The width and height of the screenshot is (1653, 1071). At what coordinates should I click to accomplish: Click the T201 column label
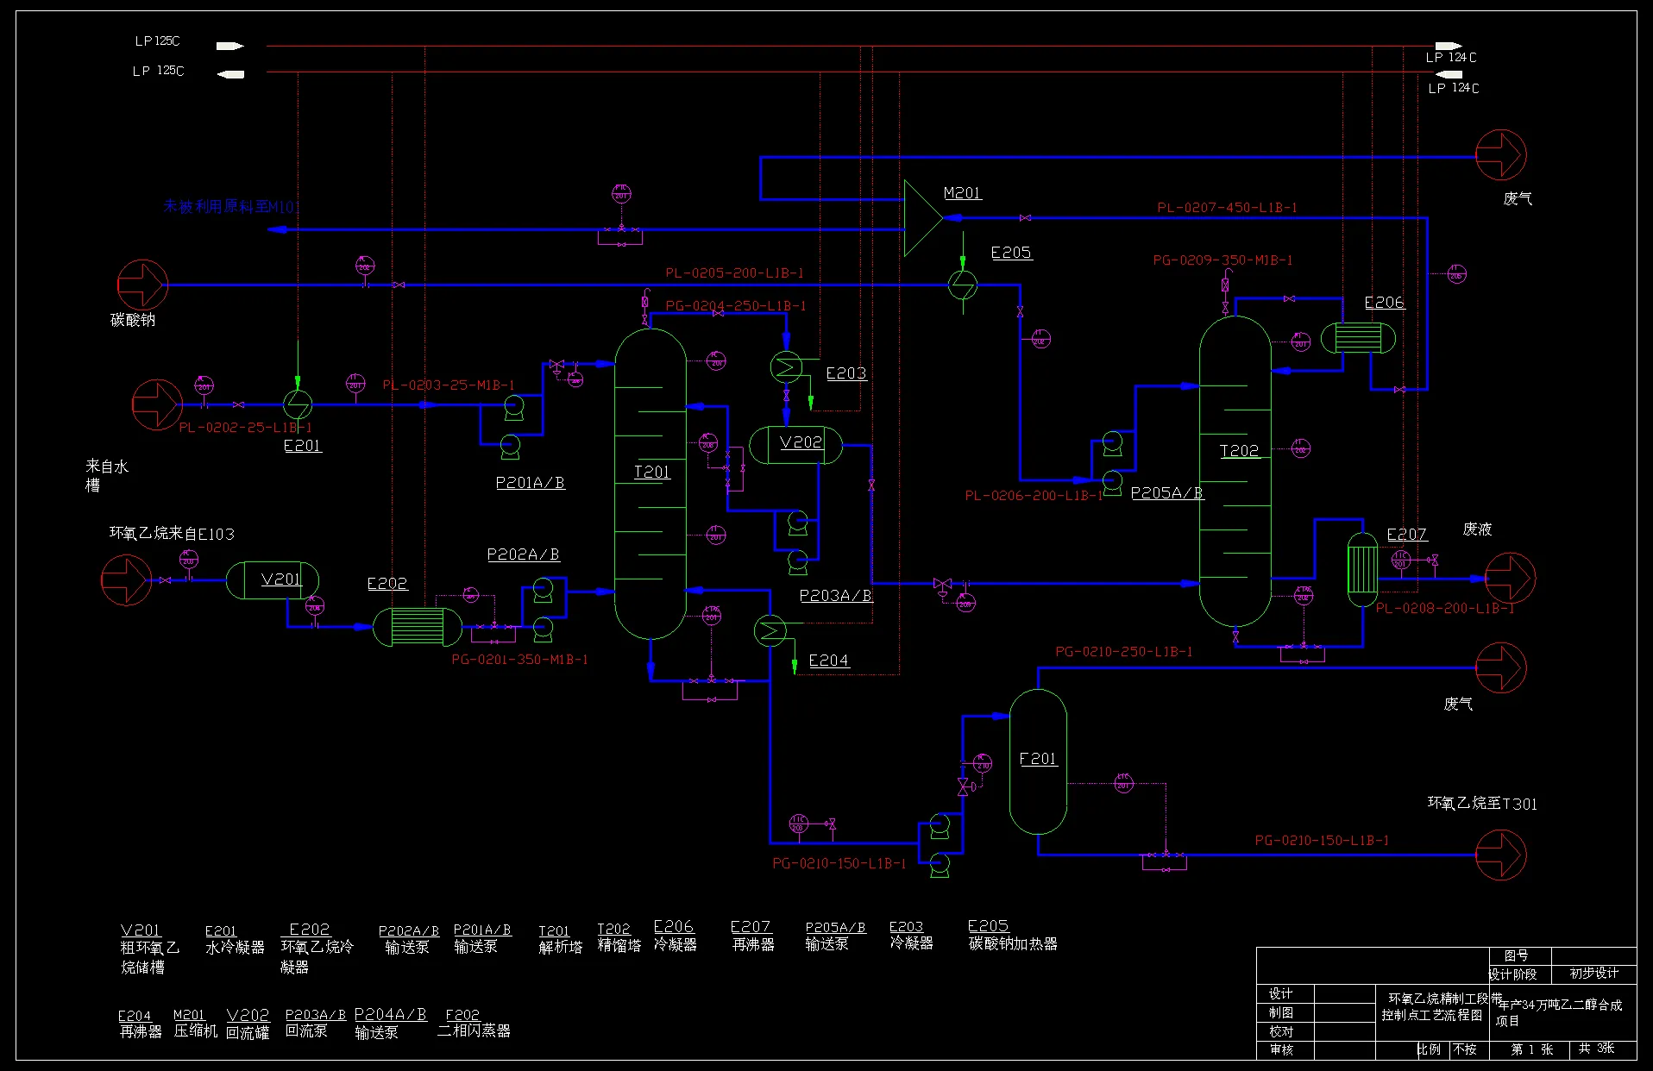651,472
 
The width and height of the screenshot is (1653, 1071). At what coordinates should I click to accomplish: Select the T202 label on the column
1239,450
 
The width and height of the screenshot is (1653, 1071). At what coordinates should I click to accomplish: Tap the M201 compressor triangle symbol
921,218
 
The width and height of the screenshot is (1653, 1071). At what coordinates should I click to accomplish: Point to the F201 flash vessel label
1038,759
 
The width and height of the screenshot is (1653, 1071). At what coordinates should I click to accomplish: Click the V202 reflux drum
795,445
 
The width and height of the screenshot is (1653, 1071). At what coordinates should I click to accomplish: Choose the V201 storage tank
273,580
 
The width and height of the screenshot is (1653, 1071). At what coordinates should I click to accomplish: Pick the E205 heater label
1011,253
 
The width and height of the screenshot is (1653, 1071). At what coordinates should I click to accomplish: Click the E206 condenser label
1384,303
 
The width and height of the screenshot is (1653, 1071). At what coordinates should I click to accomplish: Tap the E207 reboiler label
1406,535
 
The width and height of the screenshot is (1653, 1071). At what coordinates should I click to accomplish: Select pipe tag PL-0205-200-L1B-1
734,272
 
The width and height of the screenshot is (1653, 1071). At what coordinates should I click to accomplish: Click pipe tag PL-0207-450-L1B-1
1227,208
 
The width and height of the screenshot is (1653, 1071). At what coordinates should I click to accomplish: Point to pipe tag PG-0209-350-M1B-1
1222,260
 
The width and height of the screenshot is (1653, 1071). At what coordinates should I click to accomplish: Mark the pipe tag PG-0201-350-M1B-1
519,660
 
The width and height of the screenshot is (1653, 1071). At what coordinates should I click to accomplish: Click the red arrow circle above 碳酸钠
142,285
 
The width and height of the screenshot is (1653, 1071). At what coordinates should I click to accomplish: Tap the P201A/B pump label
530,483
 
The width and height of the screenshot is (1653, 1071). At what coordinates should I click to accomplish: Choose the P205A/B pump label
1166,493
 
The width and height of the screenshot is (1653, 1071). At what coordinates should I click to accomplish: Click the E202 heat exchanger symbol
418,627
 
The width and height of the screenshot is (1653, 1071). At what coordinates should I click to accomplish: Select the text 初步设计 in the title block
1593,974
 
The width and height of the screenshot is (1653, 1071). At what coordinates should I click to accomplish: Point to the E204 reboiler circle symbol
770,631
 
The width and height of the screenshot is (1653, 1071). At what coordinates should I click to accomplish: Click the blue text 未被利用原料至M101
231,207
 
